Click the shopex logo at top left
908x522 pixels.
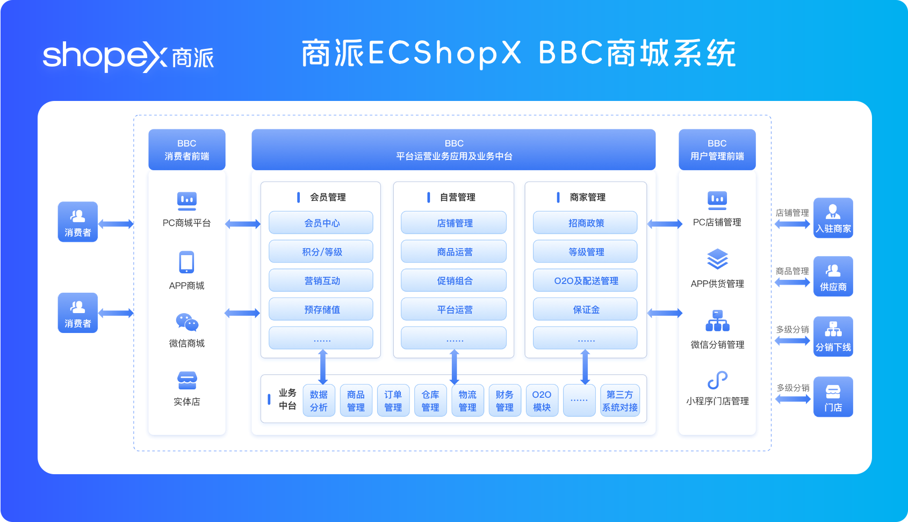[x=128, y=56]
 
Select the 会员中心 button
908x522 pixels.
[x=321, y=223]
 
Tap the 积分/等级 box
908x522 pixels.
[x=321, y=252]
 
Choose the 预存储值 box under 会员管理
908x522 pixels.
[x=321, y=309]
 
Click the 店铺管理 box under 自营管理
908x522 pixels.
[x=454, y=223]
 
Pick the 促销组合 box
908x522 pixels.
[x=454, y=280]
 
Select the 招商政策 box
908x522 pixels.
[x=585, y=223]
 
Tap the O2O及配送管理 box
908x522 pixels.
[x=585, y=280]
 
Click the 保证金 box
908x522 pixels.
[x=585, y=309]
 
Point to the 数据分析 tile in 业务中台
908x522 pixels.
[x=319, y=401]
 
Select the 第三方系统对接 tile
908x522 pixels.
[x=619, y=401]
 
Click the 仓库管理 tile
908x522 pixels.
[x=430, y=401]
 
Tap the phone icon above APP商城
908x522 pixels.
[x=186, y=263]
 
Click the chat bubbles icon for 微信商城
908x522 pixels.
[x=187, y=322]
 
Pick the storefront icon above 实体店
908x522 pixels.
[x=187, y=380]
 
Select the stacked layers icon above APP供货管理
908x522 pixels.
[x=717, y=259]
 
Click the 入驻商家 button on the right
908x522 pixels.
[x=833, y=218]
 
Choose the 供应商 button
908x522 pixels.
[x=833, y=276]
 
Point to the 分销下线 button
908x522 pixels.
[x=833, y=337]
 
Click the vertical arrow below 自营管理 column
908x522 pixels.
[x=454, y=367]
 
